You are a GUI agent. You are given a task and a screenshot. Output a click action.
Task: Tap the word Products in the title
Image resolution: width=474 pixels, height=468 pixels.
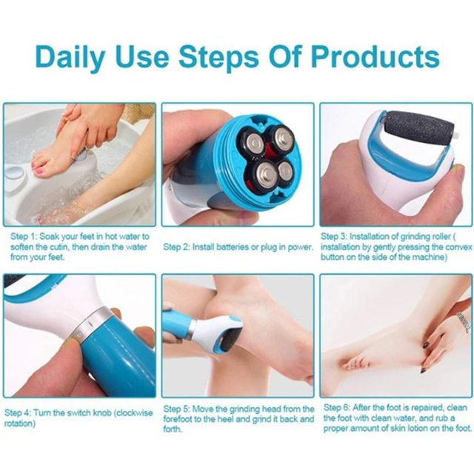click(x=375, y=56)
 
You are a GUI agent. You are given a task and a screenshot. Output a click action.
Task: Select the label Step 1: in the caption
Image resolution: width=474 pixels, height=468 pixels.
click(x=24, y=236)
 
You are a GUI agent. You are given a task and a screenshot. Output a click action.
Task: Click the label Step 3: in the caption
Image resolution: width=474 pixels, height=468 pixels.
click(x=334, y=236)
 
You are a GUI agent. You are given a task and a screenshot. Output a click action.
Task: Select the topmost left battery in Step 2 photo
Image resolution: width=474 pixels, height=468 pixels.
click(x=250, y=141)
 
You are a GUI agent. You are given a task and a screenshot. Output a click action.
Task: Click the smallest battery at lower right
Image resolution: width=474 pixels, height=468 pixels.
click(x=285, y=173)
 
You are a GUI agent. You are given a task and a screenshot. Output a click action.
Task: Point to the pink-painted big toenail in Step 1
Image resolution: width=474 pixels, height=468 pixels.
click(x=40, y=173)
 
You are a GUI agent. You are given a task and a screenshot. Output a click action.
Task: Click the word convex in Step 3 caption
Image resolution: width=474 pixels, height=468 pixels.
click(x=459, y=247)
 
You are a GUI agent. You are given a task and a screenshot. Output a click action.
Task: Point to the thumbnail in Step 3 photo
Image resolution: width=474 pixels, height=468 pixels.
click(x=460, y=171)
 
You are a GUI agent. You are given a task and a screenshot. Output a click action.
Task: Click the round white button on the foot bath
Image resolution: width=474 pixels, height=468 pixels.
click(x=14, y=173)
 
